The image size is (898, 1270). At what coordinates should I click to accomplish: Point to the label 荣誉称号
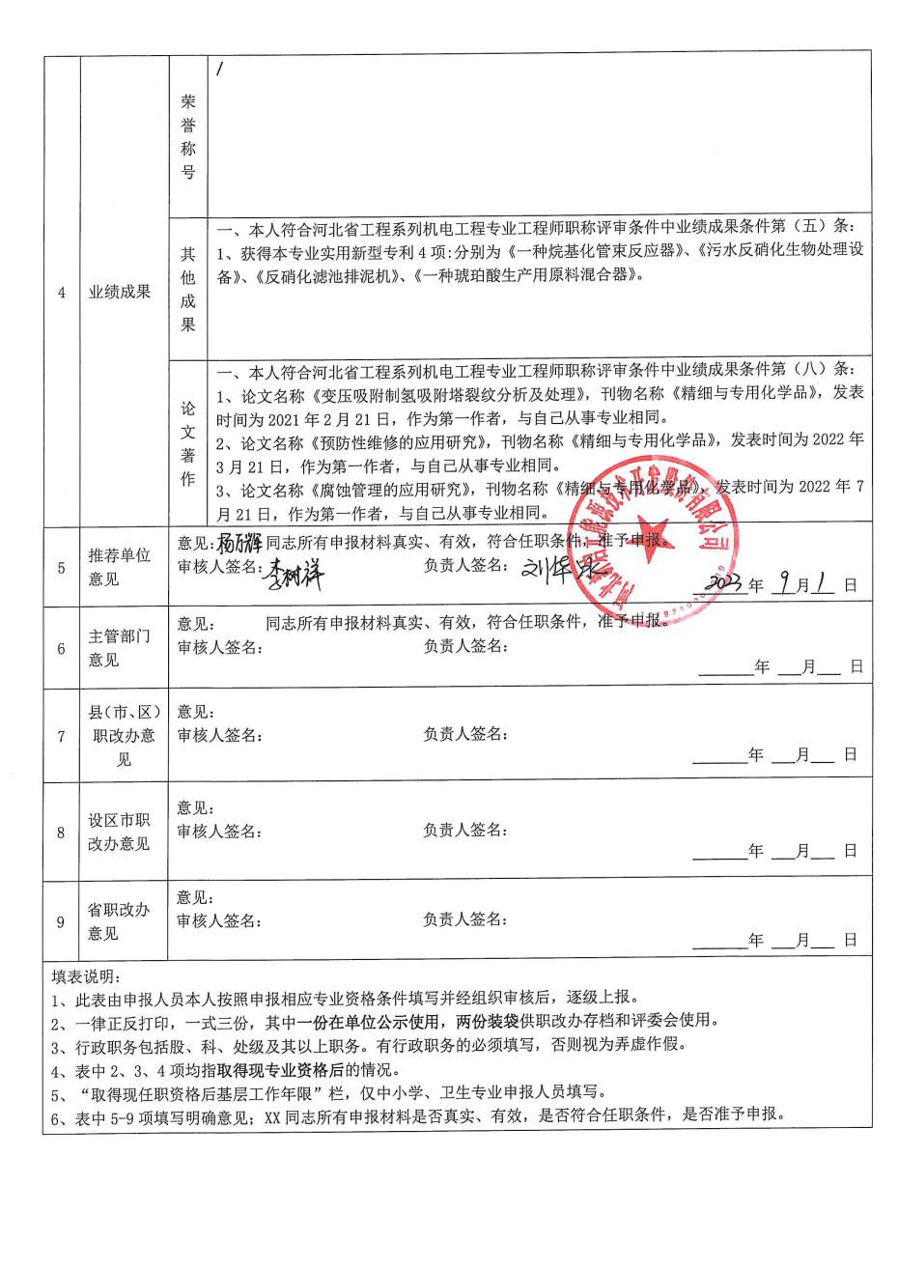point(187,137)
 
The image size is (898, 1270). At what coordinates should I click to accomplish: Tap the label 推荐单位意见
point(120,567)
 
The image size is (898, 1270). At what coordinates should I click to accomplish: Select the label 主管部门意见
point(120,648)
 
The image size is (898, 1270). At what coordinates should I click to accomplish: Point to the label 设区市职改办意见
point(120,832)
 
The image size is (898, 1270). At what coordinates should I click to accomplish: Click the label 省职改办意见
point(120,921)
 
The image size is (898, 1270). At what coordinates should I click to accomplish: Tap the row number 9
point(61,922)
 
